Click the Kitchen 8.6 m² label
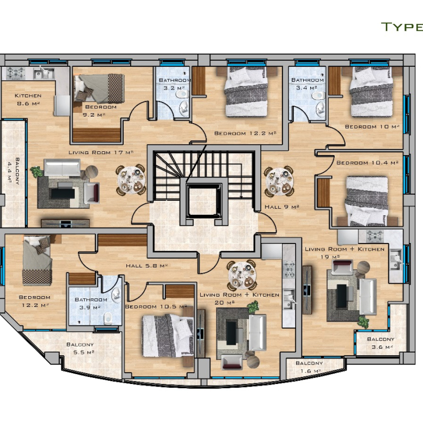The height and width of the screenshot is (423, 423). point(28,99)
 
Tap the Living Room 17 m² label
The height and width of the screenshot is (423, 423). point(101,152)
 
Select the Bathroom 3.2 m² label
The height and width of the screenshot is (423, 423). point(175,84)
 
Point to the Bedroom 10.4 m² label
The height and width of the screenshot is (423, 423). point(367,163)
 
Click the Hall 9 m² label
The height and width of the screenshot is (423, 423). point(281,207)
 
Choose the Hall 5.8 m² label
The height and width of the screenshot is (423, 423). point(147,266)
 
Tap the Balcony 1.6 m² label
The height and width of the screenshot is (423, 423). point(310,367)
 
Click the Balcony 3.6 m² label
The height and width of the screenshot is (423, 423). point(381,343)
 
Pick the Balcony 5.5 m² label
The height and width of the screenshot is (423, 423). point(80,348)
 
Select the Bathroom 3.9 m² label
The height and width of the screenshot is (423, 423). point(91,304)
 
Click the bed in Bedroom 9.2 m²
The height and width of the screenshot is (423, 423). point(99,88)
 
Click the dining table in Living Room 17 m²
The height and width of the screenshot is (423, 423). point(131,180)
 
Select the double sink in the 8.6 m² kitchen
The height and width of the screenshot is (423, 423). point(43,73)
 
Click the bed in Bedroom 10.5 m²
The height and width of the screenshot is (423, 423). point(168,335)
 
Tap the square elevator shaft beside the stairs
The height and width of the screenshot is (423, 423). point(204,200)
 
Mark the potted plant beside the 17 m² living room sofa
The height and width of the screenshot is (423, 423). point(36,171)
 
